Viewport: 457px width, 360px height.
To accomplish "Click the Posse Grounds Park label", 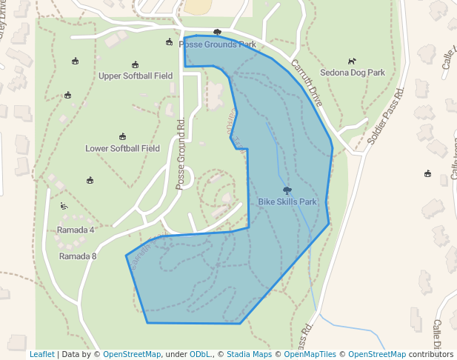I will [x=217, y=44].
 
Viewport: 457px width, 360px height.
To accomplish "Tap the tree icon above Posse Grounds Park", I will [x=217, y=33].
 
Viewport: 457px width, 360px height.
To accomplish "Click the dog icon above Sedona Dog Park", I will [x=353, y=61].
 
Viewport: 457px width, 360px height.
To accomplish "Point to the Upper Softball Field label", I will [x=136, y=76].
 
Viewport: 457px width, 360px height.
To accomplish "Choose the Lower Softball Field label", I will [x=122, y=148].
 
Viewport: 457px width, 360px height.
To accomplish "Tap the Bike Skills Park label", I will [x=287, y=201].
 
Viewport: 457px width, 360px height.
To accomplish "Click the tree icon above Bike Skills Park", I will [x=287, y=190].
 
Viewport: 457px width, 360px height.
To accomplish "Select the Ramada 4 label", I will [x=76, y=230].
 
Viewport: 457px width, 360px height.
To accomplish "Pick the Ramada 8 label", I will [x=78, y=256].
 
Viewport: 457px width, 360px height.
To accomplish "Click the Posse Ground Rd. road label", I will [x=180, y=155].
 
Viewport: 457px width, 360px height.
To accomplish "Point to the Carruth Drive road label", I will [x=307, y=81].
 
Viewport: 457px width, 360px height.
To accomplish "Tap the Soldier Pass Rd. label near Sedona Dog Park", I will [x=387, y=117].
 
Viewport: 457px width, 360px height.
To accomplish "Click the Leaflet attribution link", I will [x=41, y=354].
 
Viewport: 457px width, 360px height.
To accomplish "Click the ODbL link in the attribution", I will [x=200, y=354].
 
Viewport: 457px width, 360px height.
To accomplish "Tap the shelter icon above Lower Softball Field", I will [x=122, y=136].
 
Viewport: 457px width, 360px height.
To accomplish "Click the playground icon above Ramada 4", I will [x=65, y=205].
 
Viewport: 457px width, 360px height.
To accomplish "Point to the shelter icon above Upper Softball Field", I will [x=135, y=64].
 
